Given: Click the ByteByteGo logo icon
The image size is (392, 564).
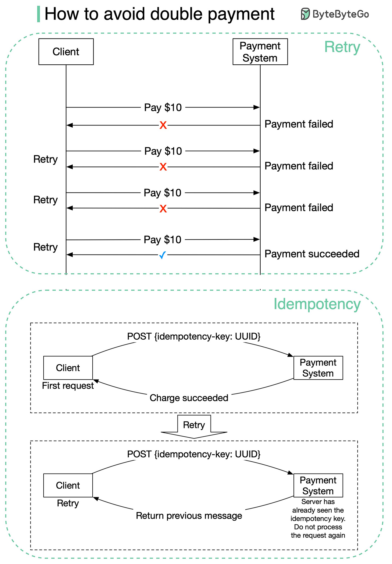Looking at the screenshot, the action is (305, 14).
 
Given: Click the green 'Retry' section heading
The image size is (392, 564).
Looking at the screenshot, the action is (342, 47).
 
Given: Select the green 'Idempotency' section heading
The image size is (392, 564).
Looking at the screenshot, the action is (317, 305).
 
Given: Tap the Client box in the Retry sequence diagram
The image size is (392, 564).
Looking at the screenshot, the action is (66, 51).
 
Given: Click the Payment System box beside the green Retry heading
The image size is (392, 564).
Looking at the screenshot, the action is (260, 51).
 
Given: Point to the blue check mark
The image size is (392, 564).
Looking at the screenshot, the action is (163, 255).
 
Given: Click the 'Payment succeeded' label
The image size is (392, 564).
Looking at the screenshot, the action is (312, 254).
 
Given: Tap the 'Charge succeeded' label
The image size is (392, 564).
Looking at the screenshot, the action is (189, 398).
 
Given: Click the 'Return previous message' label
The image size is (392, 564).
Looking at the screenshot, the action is (189, 516).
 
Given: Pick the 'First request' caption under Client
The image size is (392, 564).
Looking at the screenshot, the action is (68, 386).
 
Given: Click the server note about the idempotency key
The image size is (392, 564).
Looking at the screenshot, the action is (318, 518).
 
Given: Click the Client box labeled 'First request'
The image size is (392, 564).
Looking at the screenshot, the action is (68, 368).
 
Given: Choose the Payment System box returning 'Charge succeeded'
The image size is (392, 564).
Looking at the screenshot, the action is (318, 368).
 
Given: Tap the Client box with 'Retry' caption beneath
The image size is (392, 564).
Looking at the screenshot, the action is (68, 485).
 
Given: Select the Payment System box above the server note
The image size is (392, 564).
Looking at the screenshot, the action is (318, 485).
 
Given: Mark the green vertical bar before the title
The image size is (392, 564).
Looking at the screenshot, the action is (38, 14).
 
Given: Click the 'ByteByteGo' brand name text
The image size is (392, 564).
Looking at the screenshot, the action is (341, 14).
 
